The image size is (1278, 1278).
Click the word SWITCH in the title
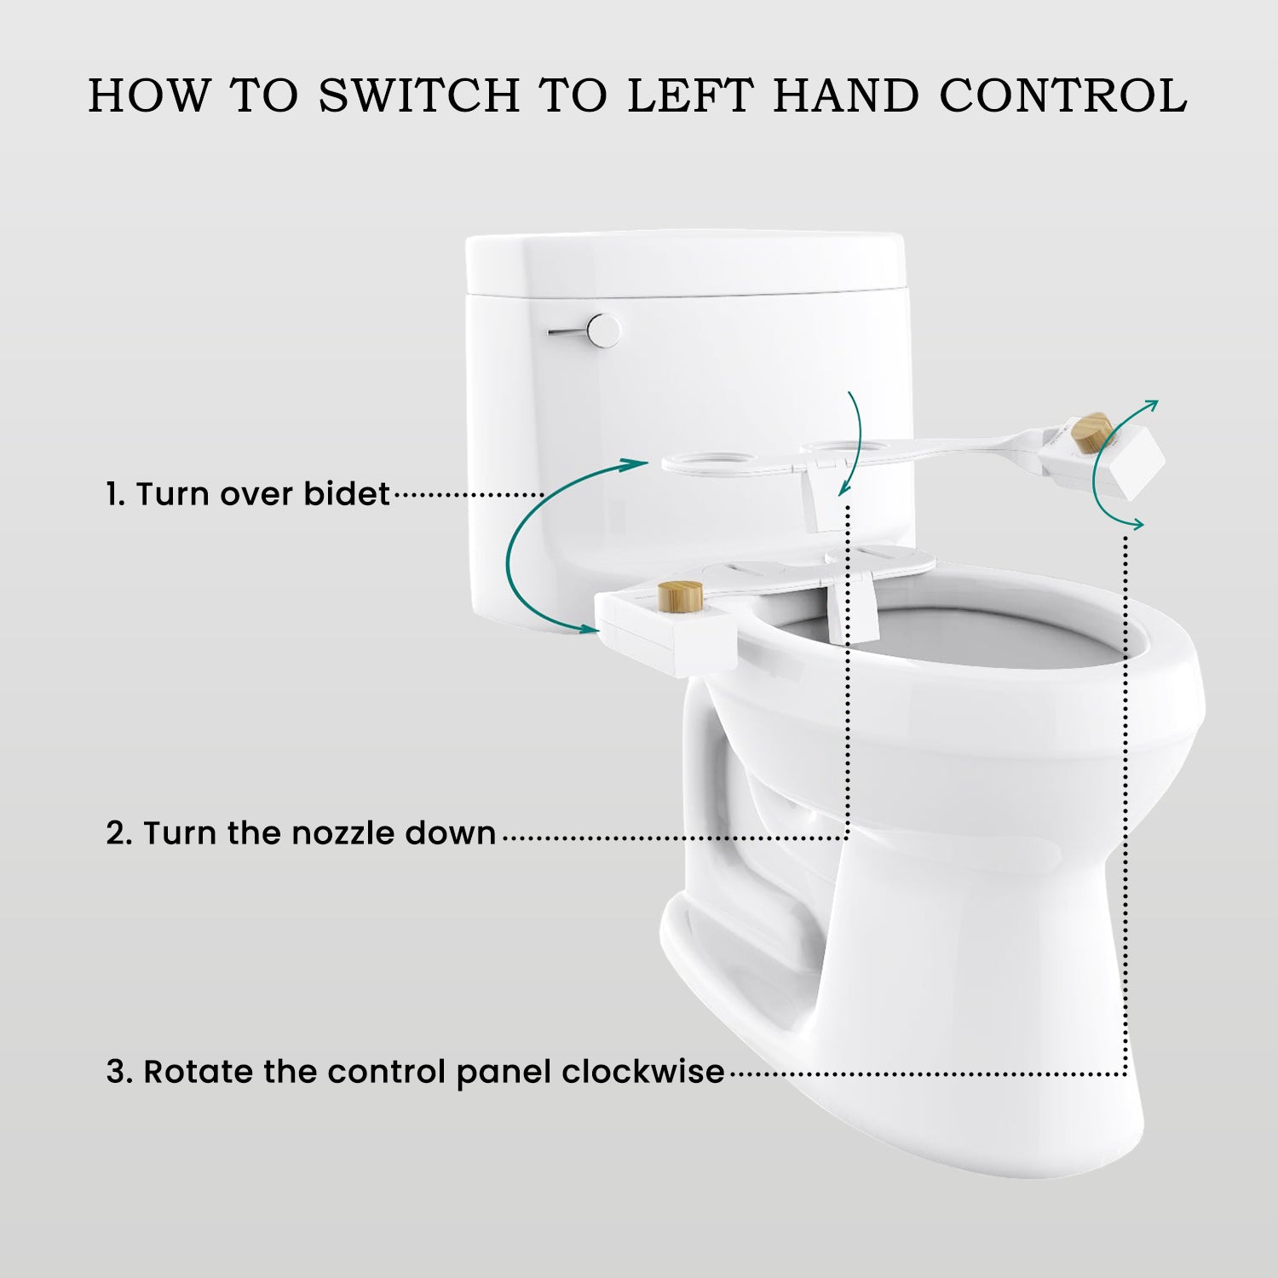click(419, 95)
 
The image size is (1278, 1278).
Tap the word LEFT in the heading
click(690, 95)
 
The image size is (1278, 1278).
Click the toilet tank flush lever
click(588, 331)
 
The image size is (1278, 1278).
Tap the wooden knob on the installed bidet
click(681, 595)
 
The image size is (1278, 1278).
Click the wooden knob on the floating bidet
click(1091, 433)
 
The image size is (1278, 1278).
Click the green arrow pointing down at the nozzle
click(855, 443)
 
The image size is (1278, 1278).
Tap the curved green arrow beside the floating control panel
click(1108, 464)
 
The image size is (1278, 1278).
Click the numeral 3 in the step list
click(118, 1072)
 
